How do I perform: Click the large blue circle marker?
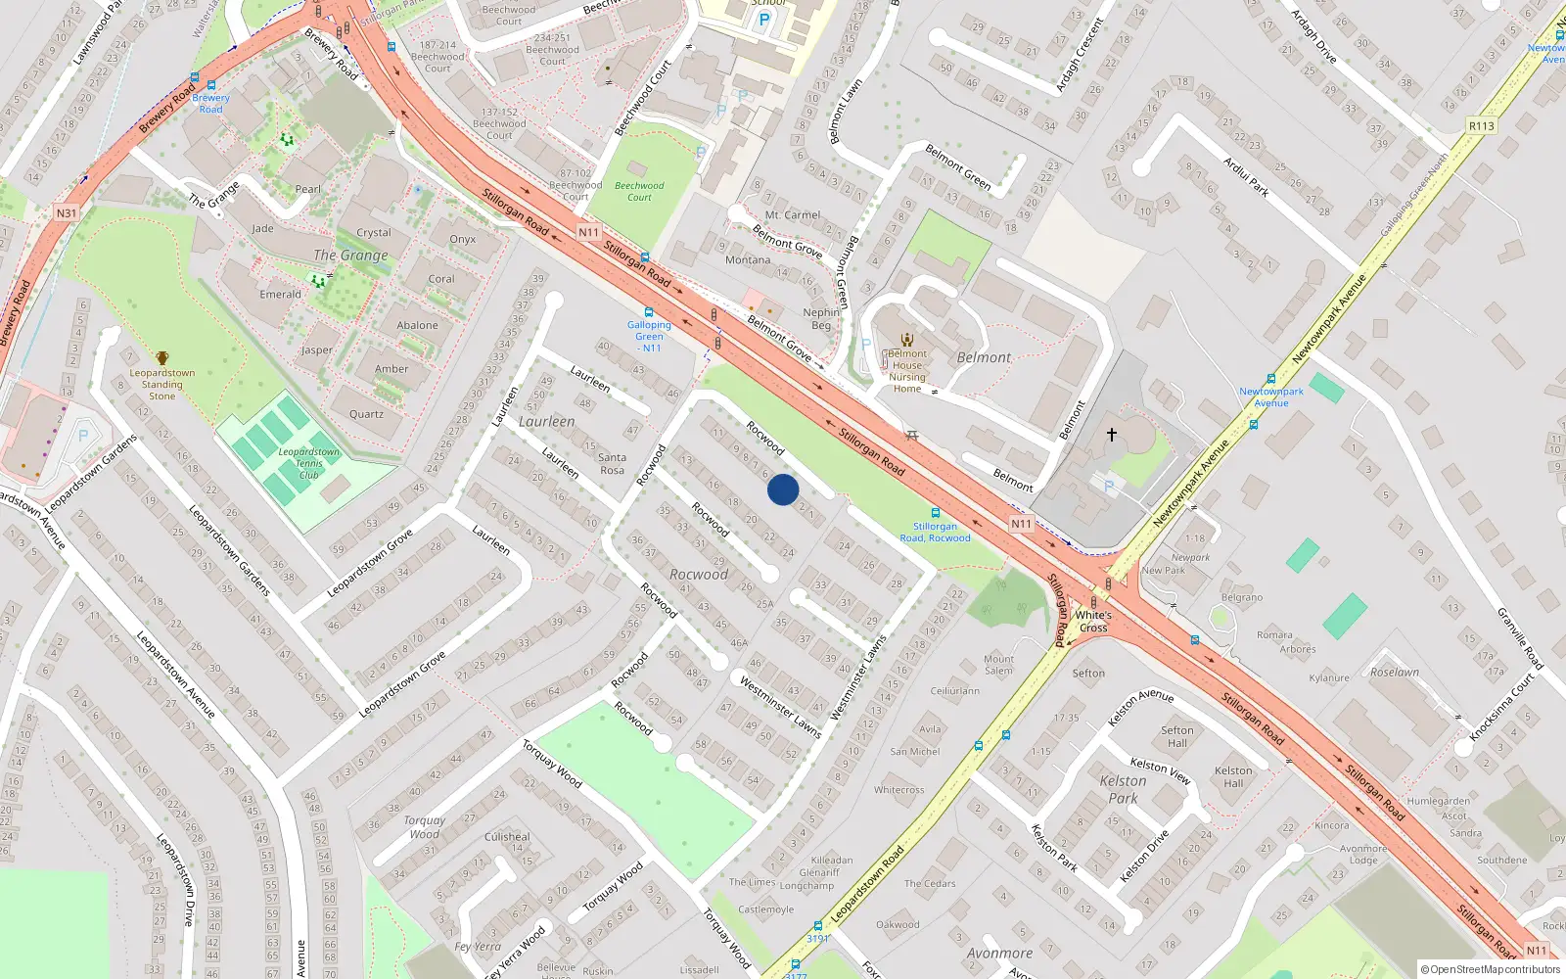(783, 489)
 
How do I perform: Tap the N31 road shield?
(66, 213)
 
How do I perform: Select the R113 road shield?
(1481, 126)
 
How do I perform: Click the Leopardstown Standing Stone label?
(162, 385)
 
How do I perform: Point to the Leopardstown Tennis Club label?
(308, 463)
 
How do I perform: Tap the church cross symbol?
(1112, 434)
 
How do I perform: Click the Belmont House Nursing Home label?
(907, 371)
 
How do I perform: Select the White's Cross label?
(1093, 622)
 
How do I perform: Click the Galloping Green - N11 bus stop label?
(649, 337)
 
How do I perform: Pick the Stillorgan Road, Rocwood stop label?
(935, 532)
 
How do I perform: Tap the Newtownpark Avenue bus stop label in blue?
(1270, 396)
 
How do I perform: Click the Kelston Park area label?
(1123, 789)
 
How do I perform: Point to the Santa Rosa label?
(612, 464)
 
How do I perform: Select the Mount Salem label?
(998, 664)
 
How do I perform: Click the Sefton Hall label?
(1176, 736)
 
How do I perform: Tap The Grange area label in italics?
(350, 256)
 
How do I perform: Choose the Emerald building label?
(280, 295)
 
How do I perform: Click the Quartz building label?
(366, 414)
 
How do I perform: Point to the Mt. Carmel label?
(793, 215)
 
